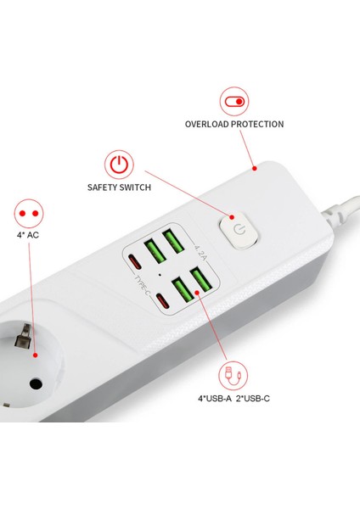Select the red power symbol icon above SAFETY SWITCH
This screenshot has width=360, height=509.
pos(119,165)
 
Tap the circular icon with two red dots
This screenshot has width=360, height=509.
pos(30,212)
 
